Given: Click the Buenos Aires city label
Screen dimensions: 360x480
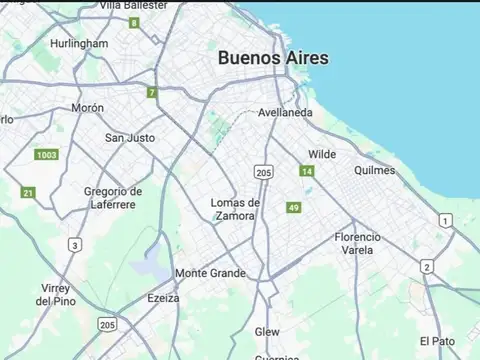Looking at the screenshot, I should [x=273, y=58].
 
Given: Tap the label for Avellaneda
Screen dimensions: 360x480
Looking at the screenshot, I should [x=285, y=112].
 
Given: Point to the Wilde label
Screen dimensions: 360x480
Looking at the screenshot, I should [x=322, y=154].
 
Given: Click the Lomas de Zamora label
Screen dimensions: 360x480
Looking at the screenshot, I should [x=235, y=209].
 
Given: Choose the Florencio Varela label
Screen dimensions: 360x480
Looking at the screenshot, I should [x=357, y=243].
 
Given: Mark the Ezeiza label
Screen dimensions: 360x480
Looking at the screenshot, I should [x=163, y=297].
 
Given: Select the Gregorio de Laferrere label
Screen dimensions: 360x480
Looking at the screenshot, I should [x=113, y=198].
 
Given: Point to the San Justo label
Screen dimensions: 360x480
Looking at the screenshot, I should [x=130, y=137].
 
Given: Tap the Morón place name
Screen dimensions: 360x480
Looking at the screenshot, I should [x=87, y=107].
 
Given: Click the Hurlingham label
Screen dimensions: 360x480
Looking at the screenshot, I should [x=79, y=44].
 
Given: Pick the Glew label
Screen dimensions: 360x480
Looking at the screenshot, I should [x=267, y=331].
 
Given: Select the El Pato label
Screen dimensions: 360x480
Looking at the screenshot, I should [x=437, y=340].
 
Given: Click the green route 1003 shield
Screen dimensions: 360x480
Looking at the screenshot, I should [x=46, y=155].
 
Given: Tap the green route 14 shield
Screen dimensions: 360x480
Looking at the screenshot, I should [x=307, y=172].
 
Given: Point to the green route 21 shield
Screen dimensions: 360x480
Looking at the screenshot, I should [x=28, y=192].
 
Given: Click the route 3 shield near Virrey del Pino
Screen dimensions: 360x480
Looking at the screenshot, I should [x=75, y=244].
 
